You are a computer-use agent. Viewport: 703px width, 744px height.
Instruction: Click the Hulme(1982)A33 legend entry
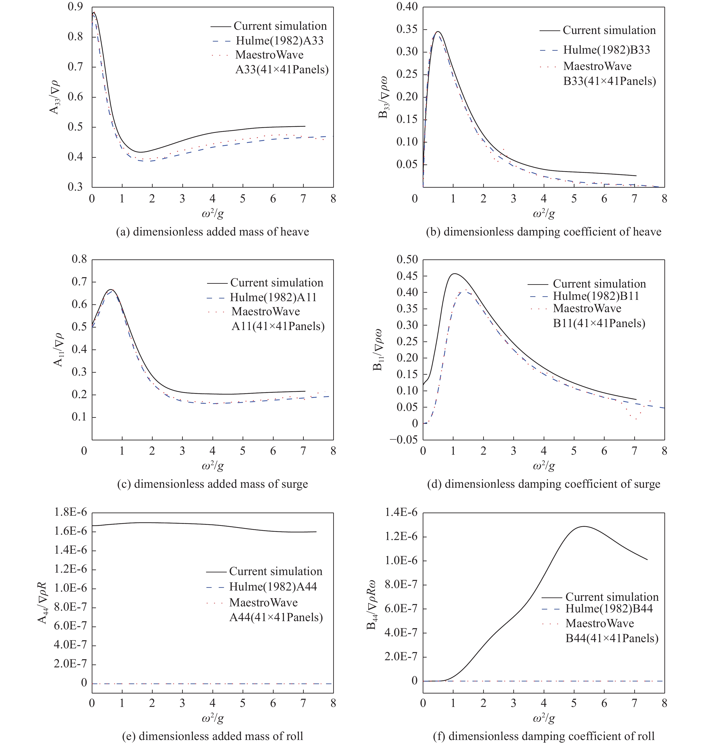click(280, 40)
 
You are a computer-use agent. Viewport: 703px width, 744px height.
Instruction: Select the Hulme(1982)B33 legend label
click(607, 50)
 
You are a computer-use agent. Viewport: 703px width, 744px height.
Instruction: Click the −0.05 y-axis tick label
click(403, 440)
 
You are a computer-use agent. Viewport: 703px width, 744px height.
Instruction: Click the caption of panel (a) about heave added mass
click(212, 232)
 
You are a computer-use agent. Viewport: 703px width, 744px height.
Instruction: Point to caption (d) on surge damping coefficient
click(544, 484)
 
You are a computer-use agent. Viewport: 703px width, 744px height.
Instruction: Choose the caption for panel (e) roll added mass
click(212, 736)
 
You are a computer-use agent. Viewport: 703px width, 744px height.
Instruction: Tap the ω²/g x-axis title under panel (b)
click(544, 213)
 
